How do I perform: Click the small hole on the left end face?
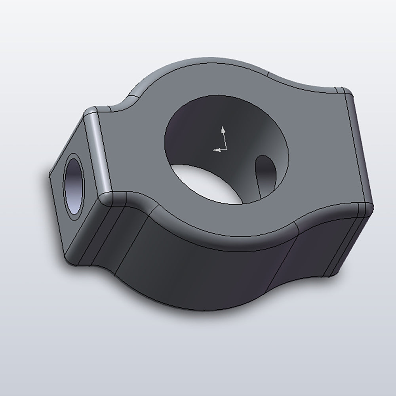coord(74,187)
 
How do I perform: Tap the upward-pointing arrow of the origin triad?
coord(223,129)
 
